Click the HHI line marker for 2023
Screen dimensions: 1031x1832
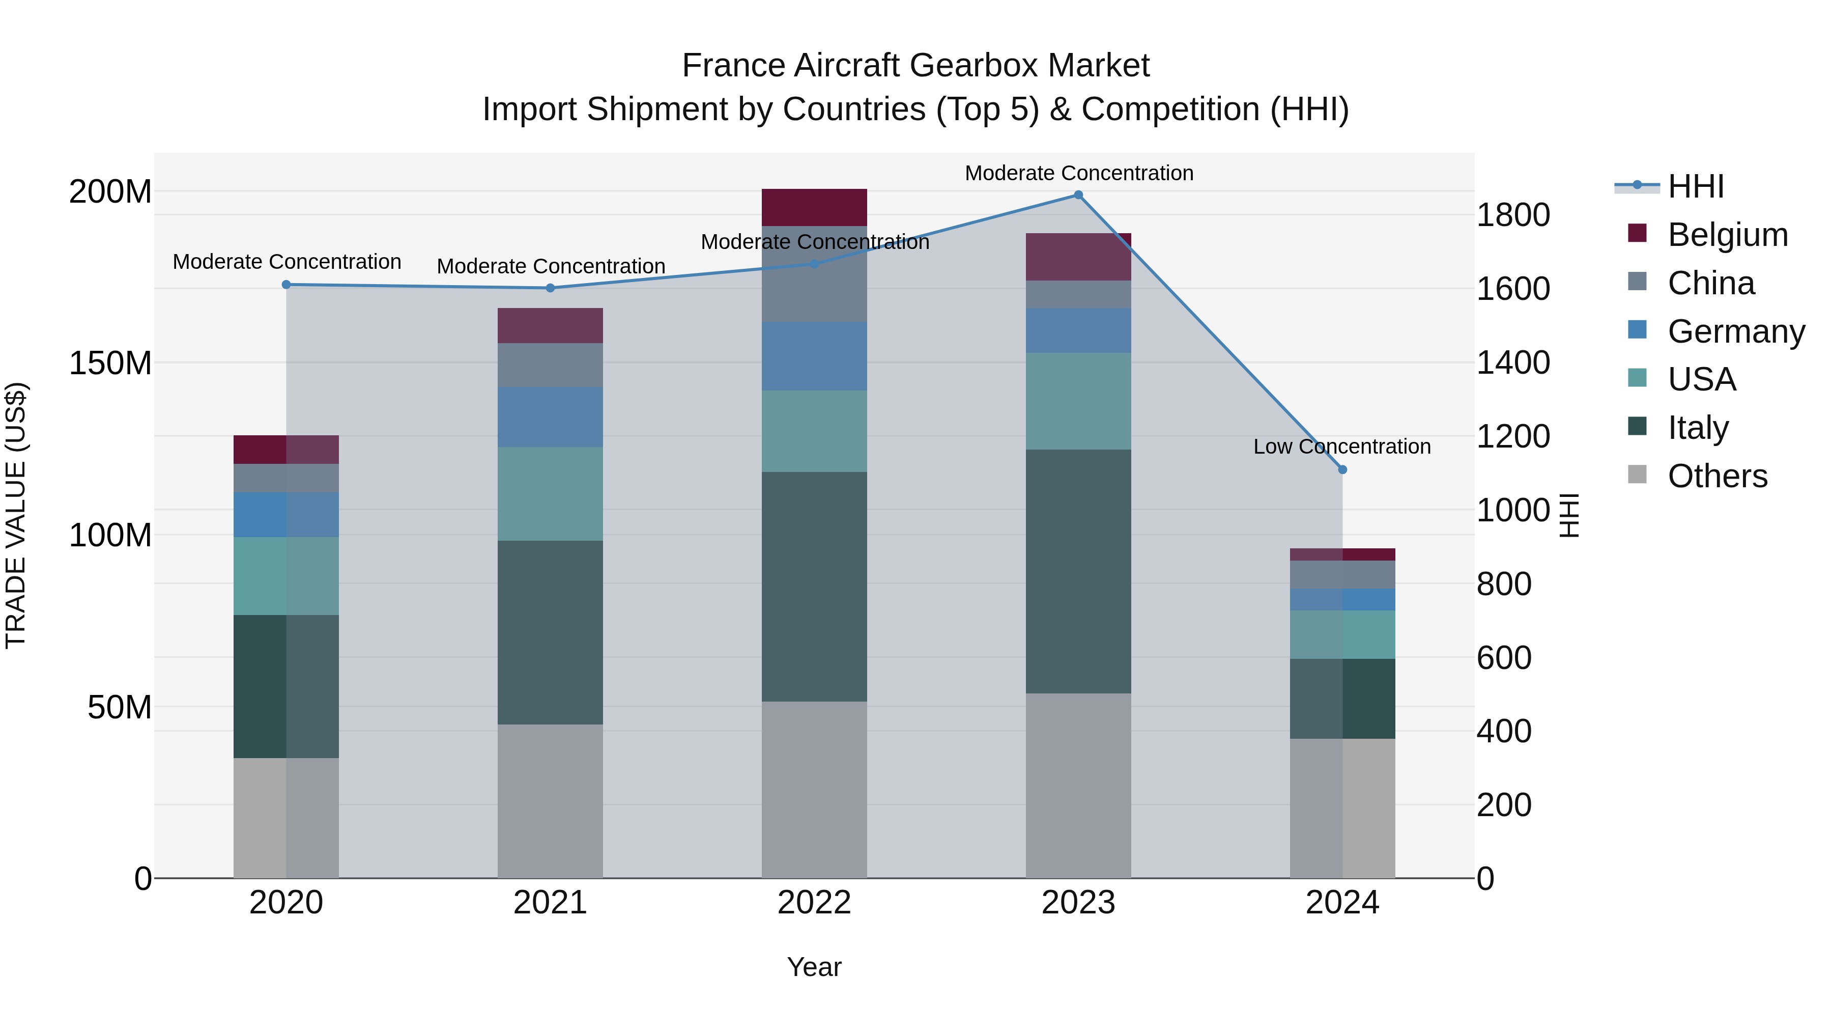point(1078,195)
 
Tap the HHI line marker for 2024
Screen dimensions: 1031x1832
point(1342,469)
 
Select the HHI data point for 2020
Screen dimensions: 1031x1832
point(286,285)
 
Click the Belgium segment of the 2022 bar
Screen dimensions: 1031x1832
point(814,207)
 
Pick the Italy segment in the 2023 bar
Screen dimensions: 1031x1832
point(1078,571)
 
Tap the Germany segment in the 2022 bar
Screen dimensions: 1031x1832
point(814,356)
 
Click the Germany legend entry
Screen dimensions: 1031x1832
point(1736,331)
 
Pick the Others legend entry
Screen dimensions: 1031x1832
point(1717,476)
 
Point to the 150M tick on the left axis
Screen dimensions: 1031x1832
point(110,363)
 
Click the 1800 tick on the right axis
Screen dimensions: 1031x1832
point(1513,215)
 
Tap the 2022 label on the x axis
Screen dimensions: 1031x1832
point(814,903)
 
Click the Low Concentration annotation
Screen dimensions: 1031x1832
point(1342,447)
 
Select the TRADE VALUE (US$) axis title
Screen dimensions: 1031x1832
point(16,515)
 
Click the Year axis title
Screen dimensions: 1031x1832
point(814,967)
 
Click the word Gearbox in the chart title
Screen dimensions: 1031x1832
point(974,66)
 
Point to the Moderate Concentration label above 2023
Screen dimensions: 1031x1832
point(1079,173)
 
